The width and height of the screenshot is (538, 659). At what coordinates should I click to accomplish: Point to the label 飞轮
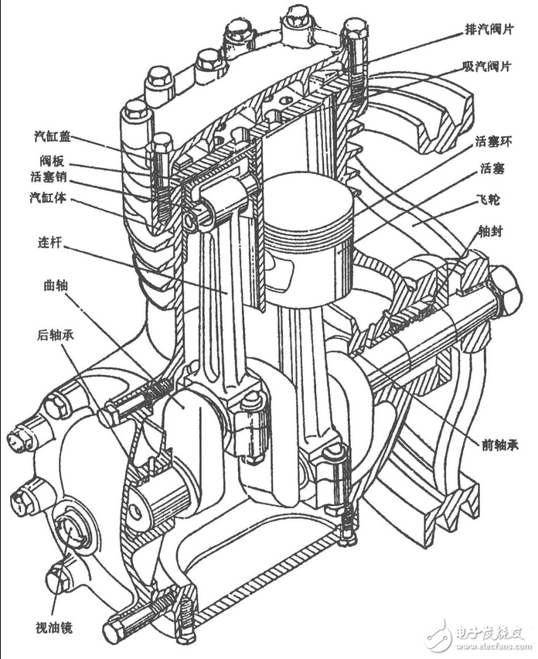click(490, 199)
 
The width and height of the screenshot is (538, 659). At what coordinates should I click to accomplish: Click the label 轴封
click(490, 231)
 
